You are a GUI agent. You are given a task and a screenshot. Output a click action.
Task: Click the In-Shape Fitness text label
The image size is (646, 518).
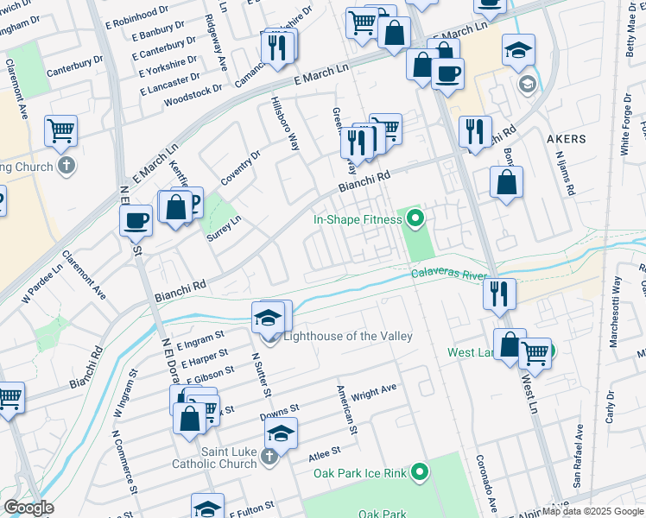click(357, 219)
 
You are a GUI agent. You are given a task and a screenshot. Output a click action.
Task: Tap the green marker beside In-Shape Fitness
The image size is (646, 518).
click(415, 219)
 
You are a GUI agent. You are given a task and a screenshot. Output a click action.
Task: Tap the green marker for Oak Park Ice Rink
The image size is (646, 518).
click(420, 471)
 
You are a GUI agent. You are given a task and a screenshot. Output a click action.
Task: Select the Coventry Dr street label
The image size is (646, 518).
click(244, 166)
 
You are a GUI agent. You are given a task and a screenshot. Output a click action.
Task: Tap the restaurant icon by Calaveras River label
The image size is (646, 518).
click(499, 293)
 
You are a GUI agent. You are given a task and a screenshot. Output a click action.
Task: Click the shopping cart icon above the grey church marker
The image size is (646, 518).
click(61, 129)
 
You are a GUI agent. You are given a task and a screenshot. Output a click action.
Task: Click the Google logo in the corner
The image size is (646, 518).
click(28, 508)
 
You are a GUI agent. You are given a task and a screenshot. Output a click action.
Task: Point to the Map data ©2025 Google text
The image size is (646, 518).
click(592, 511)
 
